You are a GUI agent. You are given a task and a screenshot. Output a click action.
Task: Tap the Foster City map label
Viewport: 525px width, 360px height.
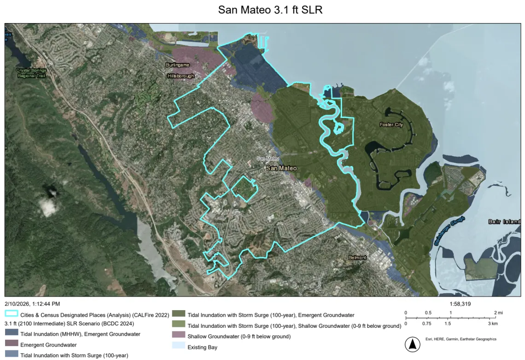(391, 125)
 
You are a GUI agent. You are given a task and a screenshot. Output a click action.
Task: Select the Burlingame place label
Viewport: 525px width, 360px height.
(178, 65)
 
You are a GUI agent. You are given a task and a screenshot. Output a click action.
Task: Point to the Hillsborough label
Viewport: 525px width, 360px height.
(181, 76)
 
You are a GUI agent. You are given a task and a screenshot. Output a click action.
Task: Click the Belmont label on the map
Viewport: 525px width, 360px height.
(357, 258)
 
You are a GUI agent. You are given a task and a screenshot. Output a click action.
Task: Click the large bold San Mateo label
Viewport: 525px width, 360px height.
(281, 169)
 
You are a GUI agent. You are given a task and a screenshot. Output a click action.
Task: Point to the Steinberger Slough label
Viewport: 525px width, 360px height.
(449, 230)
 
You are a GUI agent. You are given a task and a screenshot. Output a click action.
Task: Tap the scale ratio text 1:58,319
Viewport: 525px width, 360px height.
(459, 304)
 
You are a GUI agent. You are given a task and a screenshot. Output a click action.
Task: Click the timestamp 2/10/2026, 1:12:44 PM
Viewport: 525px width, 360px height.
(32, 304)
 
